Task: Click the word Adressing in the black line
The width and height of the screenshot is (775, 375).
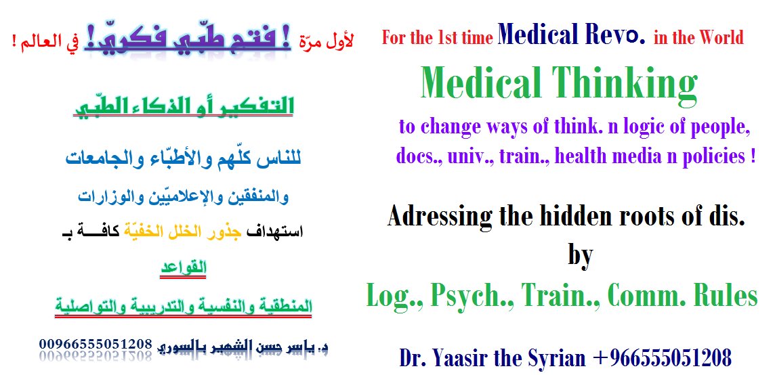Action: [x=440, y=217]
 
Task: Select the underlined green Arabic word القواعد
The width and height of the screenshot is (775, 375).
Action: [x=182, y=268]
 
